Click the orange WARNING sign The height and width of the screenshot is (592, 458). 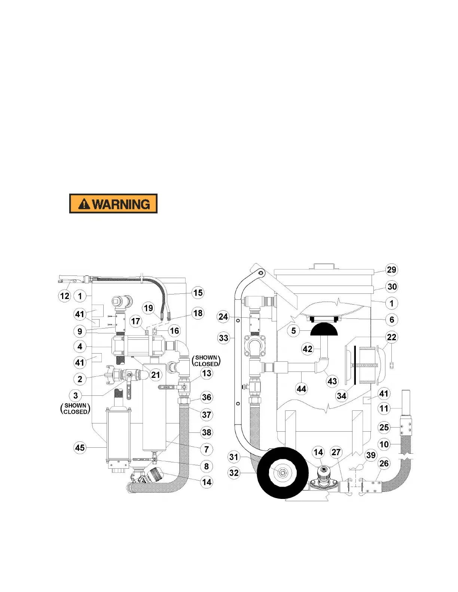[113, 204]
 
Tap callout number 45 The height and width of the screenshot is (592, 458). [80, 447]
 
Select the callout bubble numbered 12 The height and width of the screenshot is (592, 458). [65, 296]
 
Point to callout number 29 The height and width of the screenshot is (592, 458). [391, 270]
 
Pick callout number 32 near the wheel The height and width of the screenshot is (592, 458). [234, 473]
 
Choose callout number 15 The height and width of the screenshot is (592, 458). [198, 293]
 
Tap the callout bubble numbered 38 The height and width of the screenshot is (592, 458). [207, 432]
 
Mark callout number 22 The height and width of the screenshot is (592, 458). [391, 337]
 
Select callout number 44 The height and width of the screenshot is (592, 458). [301, 389]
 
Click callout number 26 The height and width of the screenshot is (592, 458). [384, 463]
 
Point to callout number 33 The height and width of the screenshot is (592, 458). [223, 338]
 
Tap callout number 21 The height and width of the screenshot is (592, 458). [155, 374]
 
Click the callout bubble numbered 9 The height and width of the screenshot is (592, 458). [80, 331]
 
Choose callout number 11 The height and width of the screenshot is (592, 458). [384, 408]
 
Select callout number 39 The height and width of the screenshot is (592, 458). [371, 455]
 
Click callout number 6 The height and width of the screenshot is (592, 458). [392, 320]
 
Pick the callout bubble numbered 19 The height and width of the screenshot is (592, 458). [149, 308]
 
